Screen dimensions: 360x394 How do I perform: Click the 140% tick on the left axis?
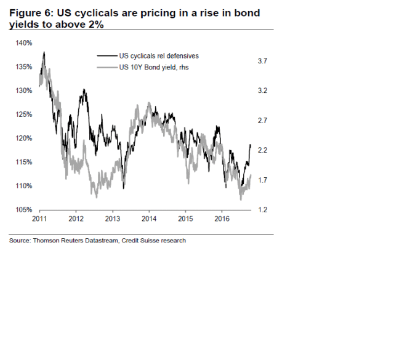(x=25, y=42)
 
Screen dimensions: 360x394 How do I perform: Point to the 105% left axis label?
(x=25, y=210)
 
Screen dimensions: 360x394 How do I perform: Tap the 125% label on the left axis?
(x=25, y=114)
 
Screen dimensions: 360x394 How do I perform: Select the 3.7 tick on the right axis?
(x=262, y=61)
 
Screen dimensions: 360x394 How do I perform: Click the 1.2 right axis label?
(x=262, y=210)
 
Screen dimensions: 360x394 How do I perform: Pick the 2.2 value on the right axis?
(x=262, y=150)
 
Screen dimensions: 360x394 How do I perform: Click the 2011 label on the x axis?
(x=39, y=218)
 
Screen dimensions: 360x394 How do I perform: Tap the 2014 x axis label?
(x=149, y=218)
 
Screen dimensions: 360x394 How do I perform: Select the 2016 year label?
(x=222, y=218)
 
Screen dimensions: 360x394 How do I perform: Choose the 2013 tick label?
(x=113, y=218)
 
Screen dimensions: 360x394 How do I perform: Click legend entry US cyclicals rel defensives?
(x=159, y=56)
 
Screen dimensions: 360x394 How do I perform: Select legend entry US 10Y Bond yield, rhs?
(x=153, y=67)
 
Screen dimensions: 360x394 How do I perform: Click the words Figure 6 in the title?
(x=31, y=12)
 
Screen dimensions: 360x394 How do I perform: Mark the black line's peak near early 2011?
(x=44, y=52)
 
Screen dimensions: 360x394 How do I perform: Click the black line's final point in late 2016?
(x=251, y=145)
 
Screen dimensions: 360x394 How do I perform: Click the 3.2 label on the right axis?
(x=262, y=90)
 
